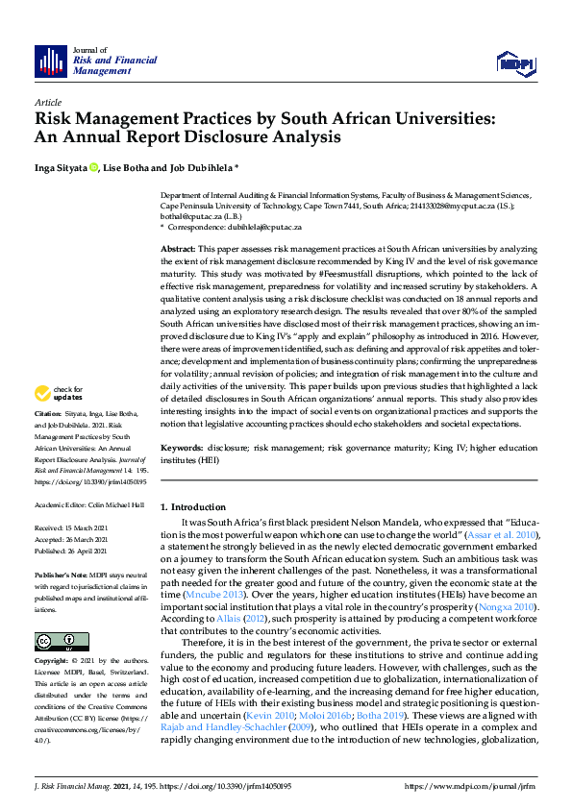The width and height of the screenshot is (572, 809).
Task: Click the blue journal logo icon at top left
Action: coord(50,61)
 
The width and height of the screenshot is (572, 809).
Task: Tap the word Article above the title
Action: coord(47,101)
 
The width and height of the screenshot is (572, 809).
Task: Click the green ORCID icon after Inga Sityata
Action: coord(94,168)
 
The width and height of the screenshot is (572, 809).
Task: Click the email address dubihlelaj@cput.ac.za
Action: coord(261,227)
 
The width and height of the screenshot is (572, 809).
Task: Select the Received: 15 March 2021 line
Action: coord(74,528)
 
